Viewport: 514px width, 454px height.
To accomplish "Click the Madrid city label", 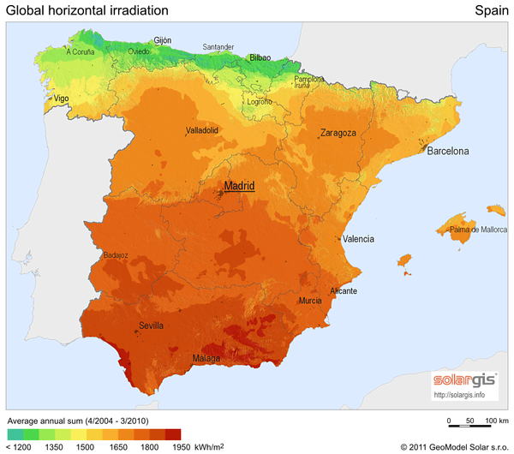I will click(239, 186).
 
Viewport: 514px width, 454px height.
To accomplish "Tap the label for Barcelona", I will click(448, 152).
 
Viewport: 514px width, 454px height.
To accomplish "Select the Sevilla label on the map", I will click(151, 326).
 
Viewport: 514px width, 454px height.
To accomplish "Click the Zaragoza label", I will click(338, 133).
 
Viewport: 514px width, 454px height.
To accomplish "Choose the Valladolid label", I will click(202, 131).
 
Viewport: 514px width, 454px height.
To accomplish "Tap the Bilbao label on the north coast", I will click(260, 58).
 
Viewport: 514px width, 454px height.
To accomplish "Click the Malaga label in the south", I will click(206, 358).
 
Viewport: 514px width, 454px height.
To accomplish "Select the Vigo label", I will click(61, 99).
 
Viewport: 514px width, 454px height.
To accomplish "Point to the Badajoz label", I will click(116, 254).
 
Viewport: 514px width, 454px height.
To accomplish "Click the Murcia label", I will click(310, 302).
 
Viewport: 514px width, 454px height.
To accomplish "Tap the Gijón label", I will click(162, 40).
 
